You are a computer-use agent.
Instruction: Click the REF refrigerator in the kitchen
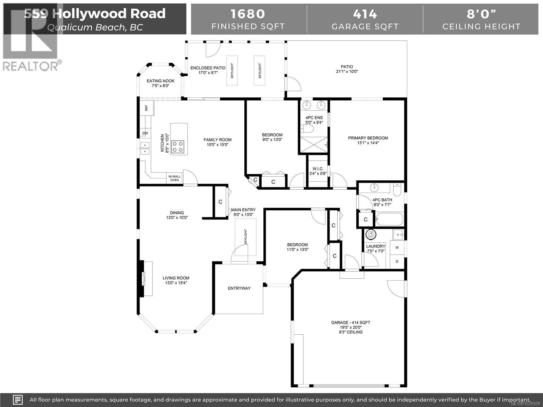coord(147,108)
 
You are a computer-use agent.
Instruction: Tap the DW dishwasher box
coord(145,133)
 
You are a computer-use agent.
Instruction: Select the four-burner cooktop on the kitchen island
coord(178,147)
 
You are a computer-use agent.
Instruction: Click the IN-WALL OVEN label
coord(174,178)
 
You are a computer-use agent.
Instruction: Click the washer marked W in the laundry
coord(397,248)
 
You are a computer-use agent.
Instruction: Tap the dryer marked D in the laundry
coord(397,261)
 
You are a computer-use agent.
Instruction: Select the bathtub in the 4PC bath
coord(389,219)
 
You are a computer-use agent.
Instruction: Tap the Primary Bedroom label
coord(368,138)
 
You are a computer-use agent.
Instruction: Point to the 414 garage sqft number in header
coord(365,14)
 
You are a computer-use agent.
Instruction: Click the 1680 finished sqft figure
coord(248,14)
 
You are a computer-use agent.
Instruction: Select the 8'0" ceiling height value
coord(481,14)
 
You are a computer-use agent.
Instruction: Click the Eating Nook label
coord(161,81)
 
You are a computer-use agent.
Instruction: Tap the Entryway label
coord(239,288)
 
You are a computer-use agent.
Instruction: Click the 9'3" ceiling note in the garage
coord(351,332)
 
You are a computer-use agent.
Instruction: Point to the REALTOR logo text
coord(31,66)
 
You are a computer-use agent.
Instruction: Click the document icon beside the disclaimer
coord(18,400)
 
